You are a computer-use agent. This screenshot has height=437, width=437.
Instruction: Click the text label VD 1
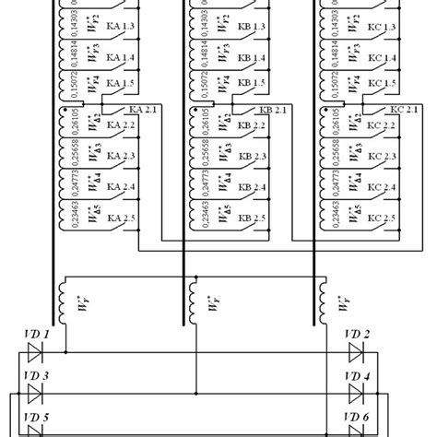coord(38,333)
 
